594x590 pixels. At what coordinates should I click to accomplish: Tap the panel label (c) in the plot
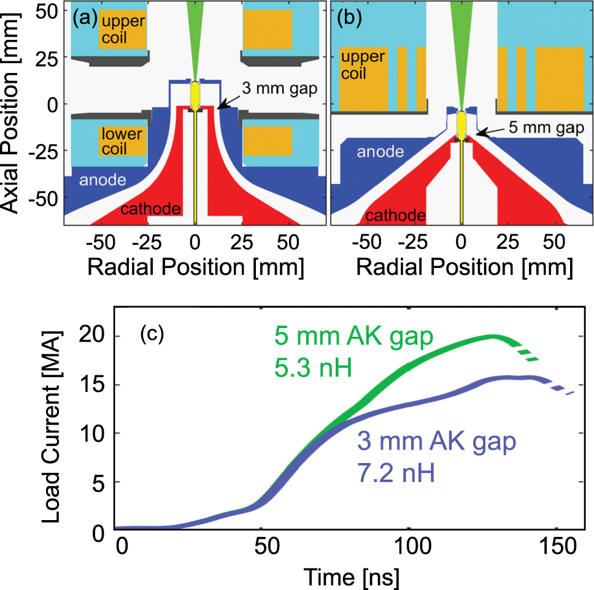tap(152, 336)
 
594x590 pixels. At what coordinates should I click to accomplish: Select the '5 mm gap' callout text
tap(538, 129)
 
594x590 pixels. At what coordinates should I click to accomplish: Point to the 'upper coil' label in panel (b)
tap(363, 65)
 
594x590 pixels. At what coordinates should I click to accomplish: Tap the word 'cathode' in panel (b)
tap(396, 215)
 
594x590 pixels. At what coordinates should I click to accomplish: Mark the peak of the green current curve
tap(493, 336)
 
